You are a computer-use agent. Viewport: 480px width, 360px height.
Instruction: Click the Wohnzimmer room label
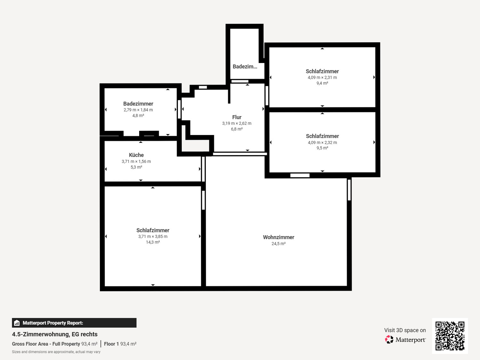pyautogui.click(x=278, y=237)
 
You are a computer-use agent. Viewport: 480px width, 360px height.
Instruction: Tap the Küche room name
pyautogui.click(x=136, y=155)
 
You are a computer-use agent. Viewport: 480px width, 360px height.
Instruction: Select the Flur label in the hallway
pyautogui.click(x=236, y=117)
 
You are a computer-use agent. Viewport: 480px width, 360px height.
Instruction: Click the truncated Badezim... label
pyautogui.click(x=245, y=67)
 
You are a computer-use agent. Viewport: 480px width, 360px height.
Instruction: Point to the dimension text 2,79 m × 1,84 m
pyautogui.click(x=138, y=110)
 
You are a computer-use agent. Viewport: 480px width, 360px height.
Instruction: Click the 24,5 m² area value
pyautogui.click(x=278, y=244)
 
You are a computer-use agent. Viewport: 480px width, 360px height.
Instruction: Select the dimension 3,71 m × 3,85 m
pyautogui.click(x=153, y=236)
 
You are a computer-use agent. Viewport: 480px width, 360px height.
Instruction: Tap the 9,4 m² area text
pyautogui.click(x=322, y=83)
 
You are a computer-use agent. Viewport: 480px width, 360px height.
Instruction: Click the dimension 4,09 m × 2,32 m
pyautogui.click(x=322, y=142)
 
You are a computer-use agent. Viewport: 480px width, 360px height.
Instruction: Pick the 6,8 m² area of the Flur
pyautogui.click(x=237, y=129)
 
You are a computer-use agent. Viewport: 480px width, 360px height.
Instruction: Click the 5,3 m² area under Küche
pyautogui.click(x=136, y=167)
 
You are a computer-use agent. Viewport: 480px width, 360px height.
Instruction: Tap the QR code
pyautogui.click(x=450, y=336)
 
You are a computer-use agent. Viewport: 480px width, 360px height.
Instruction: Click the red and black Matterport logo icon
pyautogui.click(x=389, y=340)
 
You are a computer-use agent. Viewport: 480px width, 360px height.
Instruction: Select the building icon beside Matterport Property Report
pyautogui.click(x=17, y=323)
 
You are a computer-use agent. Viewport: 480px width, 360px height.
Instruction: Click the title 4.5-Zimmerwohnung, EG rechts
pyautogui.click(x=55, y=334)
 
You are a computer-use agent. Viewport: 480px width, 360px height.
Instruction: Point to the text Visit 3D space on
pyautogui.click(x=405, y=330)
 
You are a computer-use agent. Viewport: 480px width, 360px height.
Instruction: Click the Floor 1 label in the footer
pyautogui.click(x=111, y=344)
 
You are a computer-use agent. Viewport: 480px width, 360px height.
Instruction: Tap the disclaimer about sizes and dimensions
pyautogui.click(x=56, y=352)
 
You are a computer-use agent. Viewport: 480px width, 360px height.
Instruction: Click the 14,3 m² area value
pyautogui.click(x=153, y=242)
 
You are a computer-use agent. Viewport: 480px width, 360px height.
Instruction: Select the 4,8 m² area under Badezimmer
pyautogui.click(x=138, y=116)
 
